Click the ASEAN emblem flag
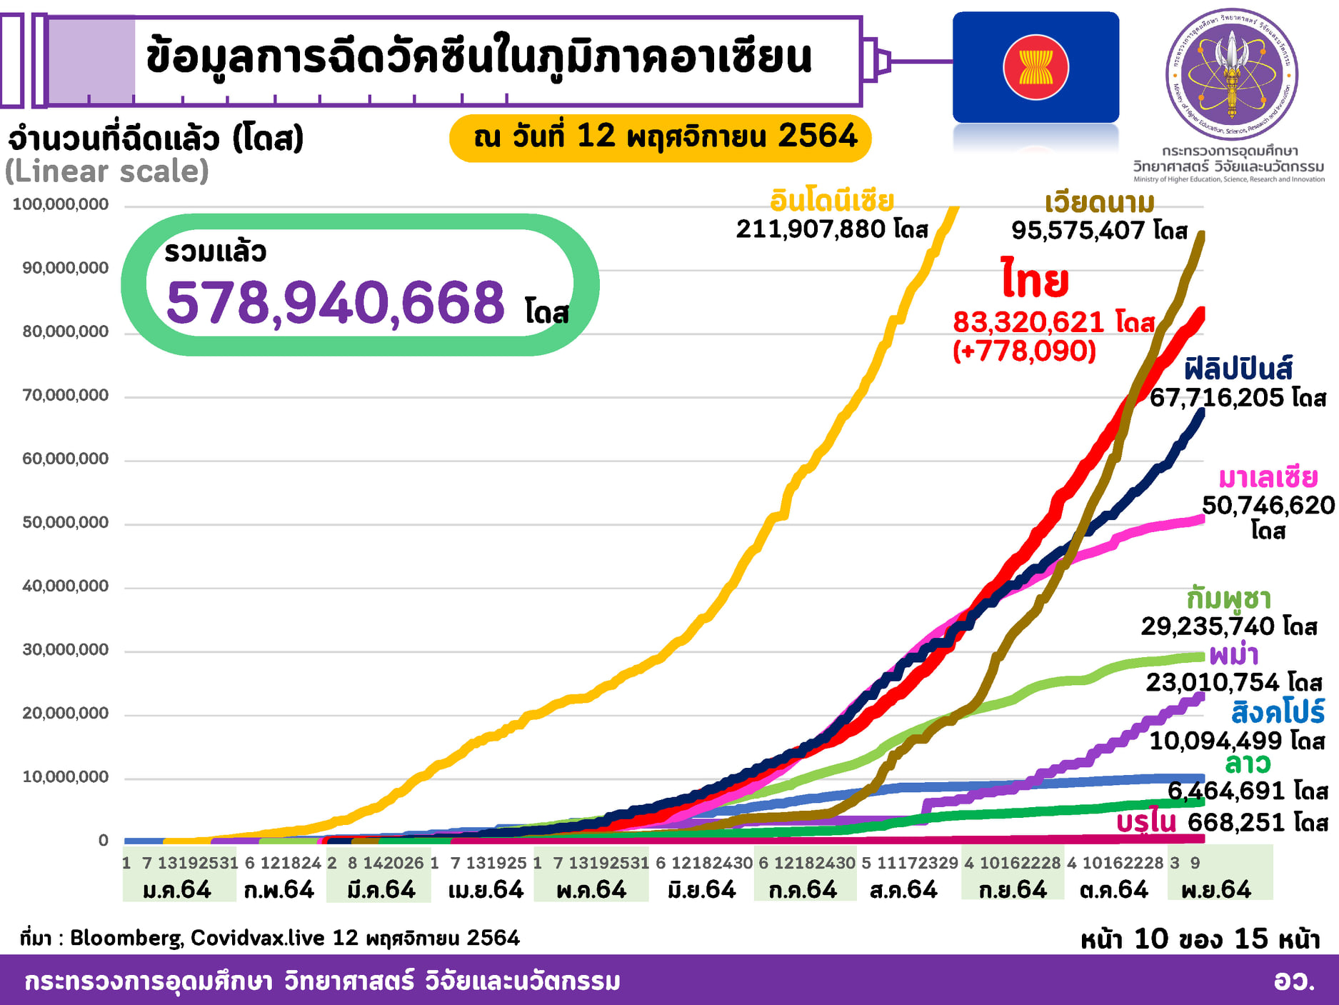coord(1035,67)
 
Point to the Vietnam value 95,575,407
coord(1080,231)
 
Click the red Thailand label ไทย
coord(1035,280)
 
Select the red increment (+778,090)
coord(1024,351)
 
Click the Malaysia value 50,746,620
coord(1268,505)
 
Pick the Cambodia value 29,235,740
coord(1208,626)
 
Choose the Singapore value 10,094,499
coord(1215,741)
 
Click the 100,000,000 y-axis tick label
coord(61,204)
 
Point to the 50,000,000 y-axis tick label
coord(66,522)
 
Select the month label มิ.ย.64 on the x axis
coord(701,890)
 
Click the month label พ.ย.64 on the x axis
coord(1216,890)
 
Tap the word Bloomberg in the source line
coord(126,938)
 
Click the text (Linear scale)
coord(107,171)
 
